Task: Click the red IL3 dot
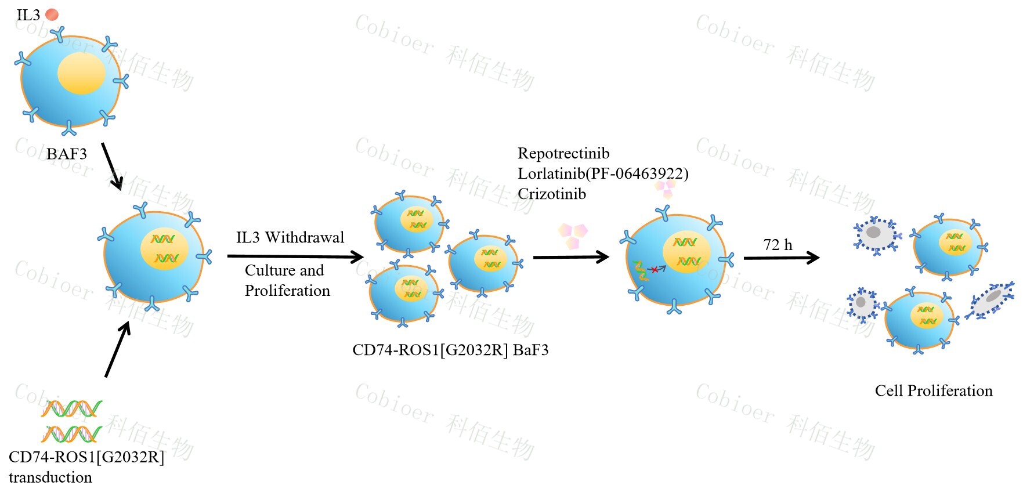coord(52,15)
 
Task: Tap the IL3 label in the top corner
coord(28,15)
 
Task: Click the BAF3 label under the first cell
coord(67,154)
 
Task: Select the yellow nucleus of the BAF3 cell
coord(81,73)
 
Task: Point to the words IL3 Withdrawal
coord(290,237)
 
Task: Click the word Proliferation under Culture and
coord(287,291)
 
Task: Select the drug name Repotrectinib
coord(563,153)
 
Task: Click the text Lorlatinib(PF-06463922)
coord(603,173)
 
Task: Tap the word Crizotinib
coord(552,194)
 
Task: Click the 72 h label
coord(778,245)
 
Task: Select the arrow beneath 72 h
coord(781,258)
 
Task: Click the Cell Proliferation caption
coord(934,390)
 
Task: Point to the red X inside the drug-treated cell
coord(655,269)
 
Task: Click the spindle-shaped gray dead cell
coord(991,299)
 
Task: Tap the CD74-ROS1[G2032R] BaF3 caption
coord(450,350)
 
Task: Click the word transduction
coord(50,477)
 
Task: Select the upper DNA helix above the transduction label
coord(71,409)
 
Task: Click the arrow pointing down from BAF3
coord(112,167)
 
